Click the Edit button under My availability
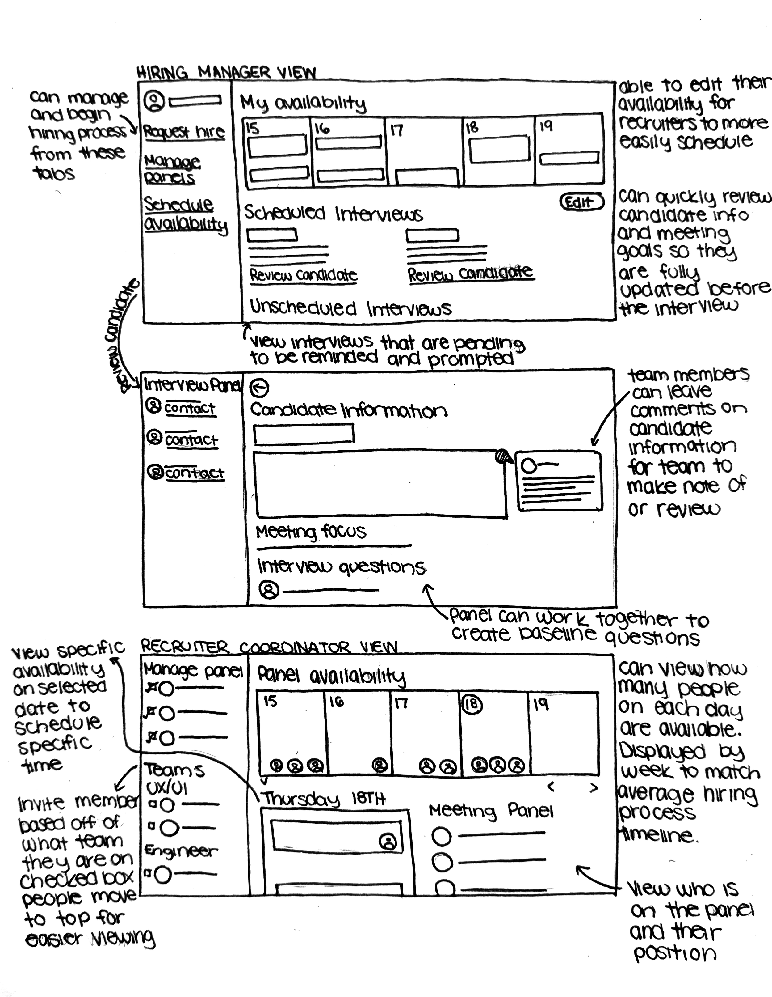(x=581, y=202)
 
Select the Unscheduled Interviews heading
(x=350, y=309)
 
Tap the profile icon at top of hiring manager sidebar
(x=154, y=101)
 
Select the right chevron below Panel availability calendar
(x=593, y=787)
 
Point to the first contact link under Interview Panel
(x=189, y=408)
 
